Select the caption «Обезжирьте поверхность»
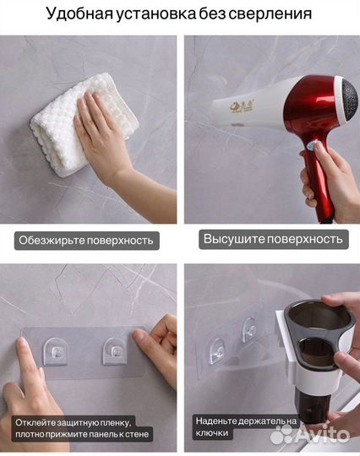coord(86,240)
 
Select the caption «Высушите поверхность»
coord(274,239)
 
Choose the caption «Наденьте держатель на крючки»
coord(244,426)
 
